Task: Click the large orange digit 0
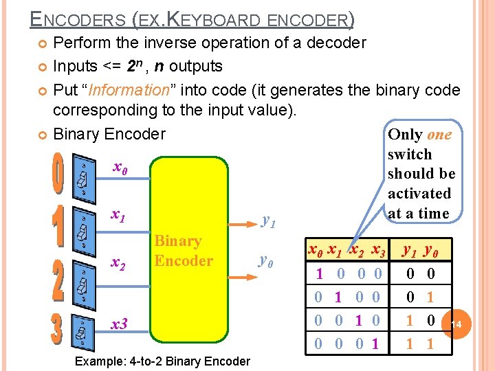58,177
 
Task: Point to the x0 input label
120,168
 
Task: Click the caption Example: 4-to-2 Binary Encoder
162,361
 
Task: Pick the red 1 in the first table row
319,275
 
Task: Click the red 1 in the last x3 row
375,344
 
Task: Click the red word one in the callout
439,135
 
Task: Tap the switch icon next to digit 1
82,230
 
